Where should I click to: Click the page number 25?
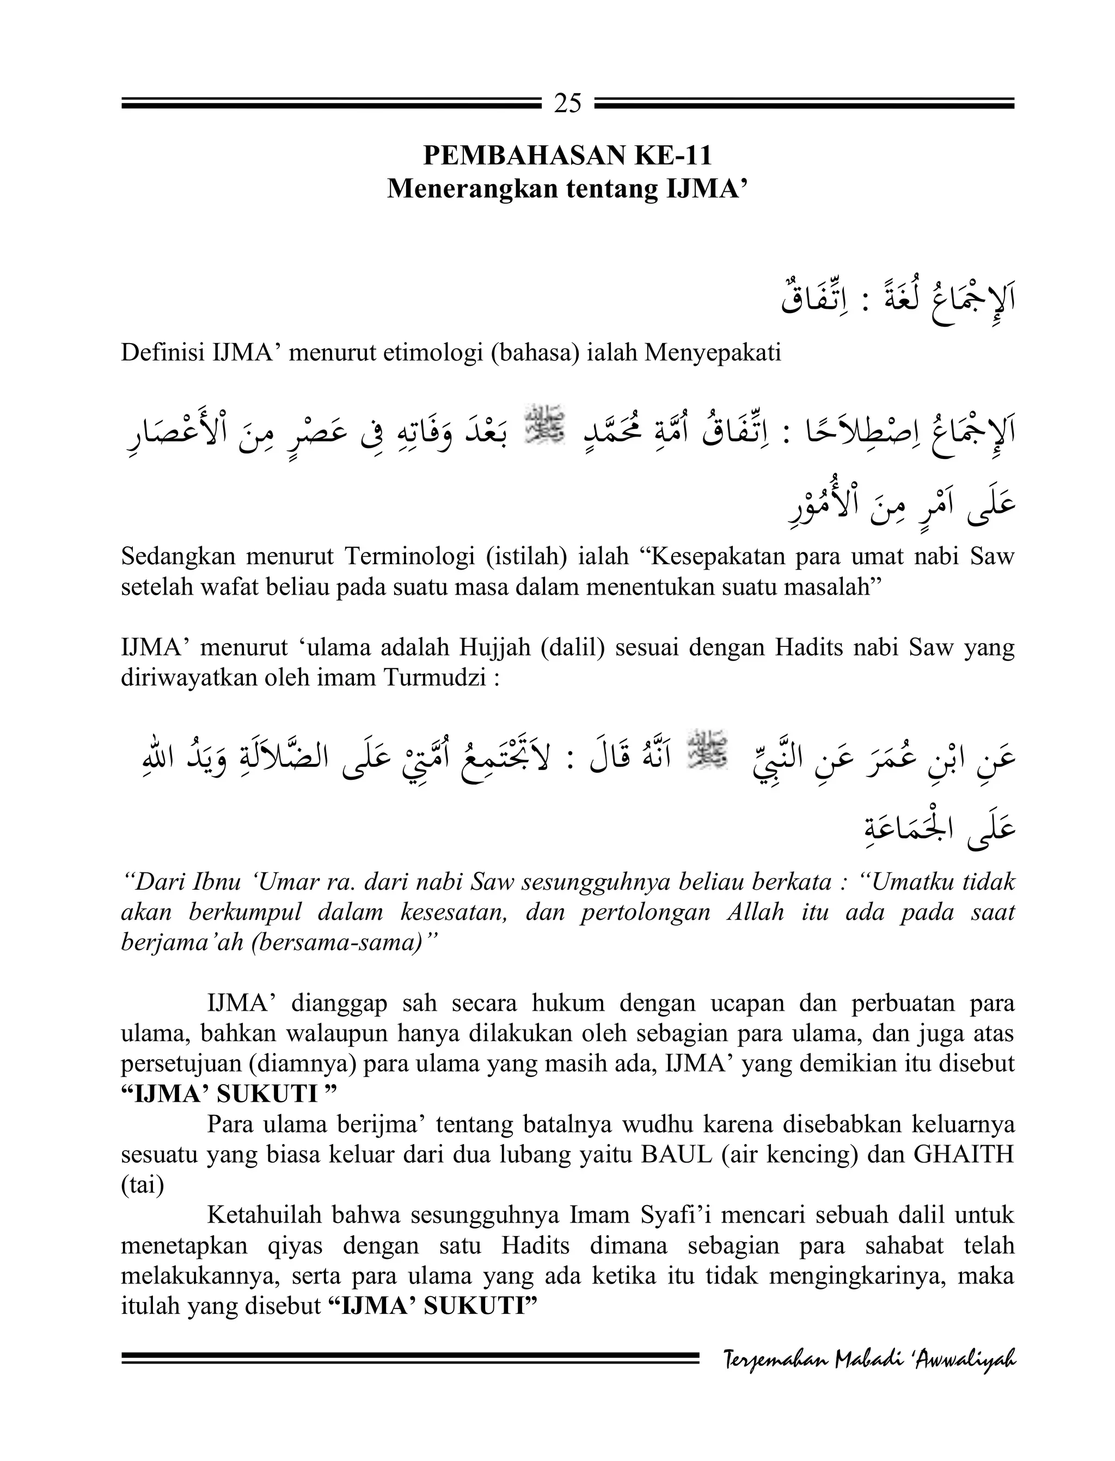[x=567, y=103]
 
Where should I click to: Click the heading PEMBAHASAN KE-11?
[x=567, y=156]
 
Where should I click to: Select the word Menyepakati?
[x=713, y=352]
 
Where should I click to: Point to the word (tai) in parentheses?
[x=142, y=1185]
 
